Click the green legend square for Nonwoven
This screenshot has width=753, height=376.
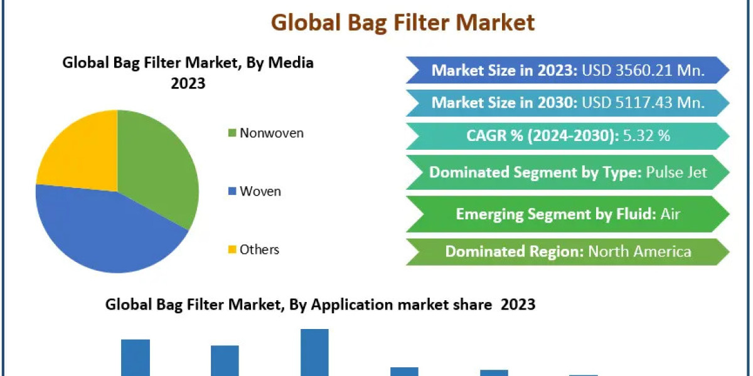coord(232,133)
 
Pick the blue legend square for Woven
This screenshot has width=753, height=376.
coord(232,191)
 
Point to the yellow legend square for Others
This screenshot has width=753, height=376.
coord(232,249)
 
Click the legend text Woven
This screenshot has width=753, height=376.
coord(260,191)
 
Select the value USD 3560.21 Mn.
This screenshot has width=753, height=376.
coord(643,70)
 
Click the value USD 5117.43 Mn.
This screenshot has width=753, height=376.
coord(643,102)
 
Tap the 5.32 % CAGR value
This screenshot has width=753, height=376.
coord(647,135)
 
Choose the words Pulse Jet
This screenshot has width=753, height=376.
coord(676,172)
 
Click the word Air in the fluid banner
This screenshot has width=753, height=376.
coord(671,214)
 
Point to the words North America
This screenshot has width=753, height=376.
coord(639,251)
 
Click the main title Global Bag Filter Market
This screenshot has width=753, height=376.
coord(403,23)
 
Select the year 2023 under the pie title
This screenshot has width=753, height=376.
coord(188,83)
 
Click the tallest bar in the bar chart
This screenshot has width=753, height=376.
coord(314,352)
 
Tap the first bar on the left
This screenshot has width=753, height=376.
coord(136,358)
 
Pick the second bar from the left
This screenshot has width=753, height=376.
coord(225,360)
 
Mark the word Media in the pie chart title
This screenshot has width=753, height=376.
coord(291,63)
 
